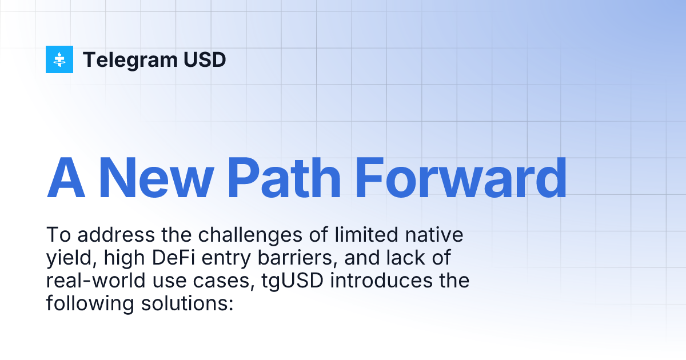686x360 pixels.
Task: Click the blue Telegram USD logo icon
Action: pos(59,59)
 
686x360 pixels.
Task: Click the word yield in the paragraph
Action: pos(66,258)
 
